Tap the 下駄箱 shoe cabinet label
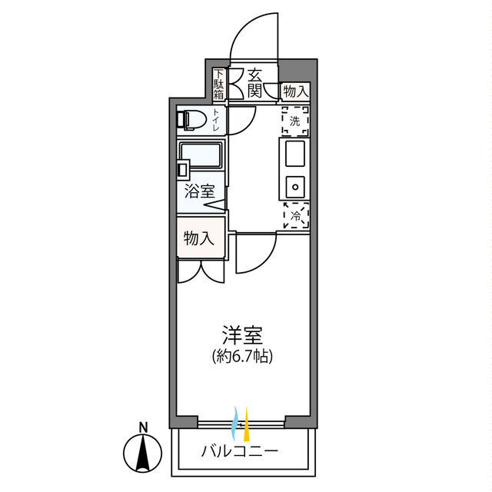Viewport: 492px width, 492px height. pos(219,85)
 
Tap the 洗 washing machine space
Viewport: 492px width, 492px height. pos(294,119)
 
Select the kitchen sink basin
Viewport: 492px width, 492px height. pos(295,158)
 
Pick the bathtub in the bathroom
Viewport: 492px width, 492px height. pos(201,158)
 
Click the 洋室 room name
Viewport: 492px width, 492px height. pos(243,335)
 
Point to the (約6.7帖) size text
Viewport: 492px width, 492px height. pos(243,355)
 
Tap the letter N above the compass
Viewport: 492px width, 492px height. pos(143,427)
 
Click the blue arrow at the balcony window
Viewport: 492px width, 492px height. pos(235,421)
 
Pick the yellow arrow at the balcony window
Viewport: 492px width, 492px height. pos(246,421)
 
